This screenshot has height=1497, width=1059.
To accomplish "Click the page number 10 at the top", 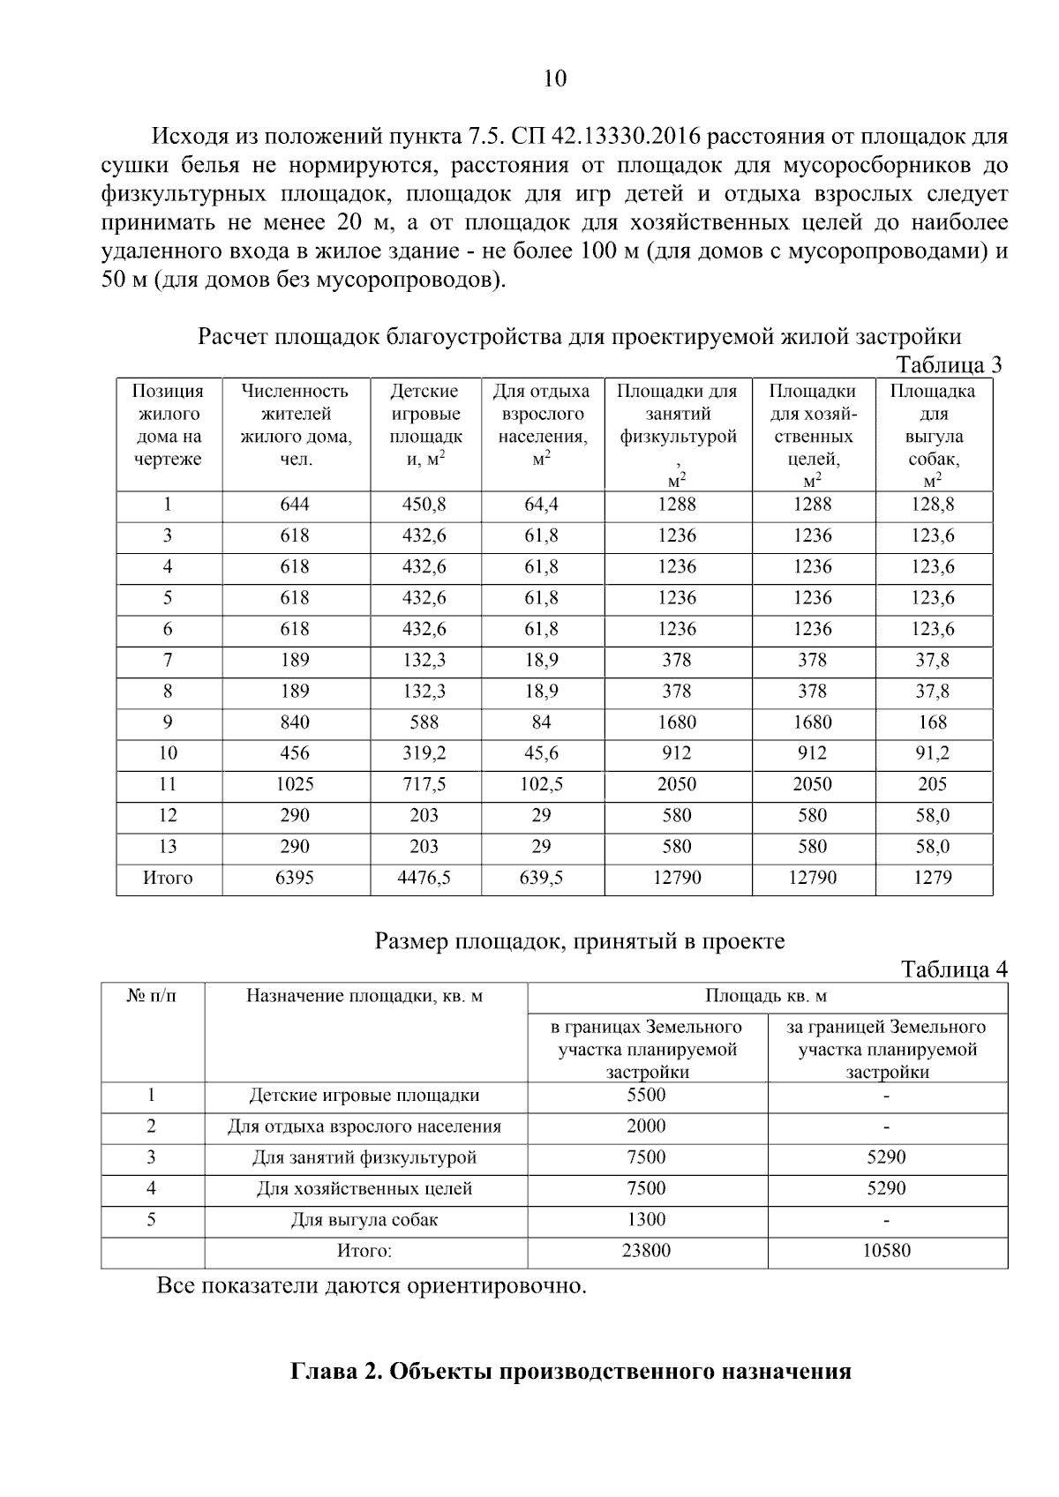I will point(555,79).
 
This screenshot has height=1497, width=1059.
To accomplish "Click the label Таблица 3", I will point(949,365).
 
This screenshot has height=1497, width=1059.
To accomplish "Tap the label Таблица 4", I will point(953,969).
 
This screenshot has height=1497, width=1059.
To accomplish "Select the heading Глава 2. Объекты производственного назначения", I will point(571,1372).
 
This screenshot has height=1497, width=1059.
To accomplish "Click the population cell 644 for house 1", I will point(295,505).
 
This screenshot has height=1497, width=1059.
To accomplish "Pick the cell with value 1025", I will point(295,784).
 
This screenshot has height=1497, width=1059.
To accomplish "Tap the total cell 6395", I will point(295,878).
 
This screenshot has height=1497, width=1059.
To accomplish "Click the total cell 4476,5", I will point(424,878).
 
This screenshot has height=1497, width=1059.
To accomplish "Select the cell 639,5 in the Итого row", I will point(542,878).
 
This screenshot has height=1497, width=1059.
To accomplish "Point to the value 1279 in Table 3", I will point(933,878).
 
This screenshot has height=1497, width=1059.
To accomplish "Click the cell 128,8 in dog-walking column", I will point(933,505).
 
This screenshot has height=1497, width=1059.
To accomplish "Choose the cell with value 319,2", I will point(424,753).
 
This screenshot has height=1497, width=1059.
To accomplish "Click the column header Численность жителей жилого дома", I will point(295,425).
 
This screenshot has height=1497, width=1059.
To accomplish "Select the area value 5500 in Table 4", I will point(646,1096).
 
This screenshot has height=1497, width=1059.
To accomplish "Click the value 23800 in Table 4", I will point(646,1251).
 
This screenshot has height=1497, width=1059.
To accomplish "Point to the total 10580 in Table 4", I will point(887,1251).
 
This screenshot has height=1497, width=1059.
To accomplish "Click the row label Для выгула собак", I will point(364,1220).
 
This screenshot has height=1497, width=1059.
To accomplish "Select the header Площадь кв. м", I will point(766,997).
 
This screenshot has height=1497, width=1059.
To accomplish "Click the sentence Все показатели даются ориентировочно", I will point(372,1286).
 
